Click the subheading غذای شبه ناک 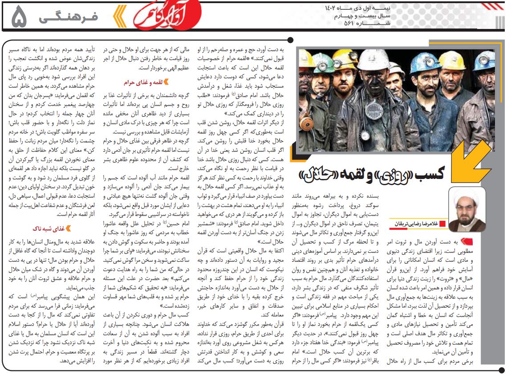pos(49,228)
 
